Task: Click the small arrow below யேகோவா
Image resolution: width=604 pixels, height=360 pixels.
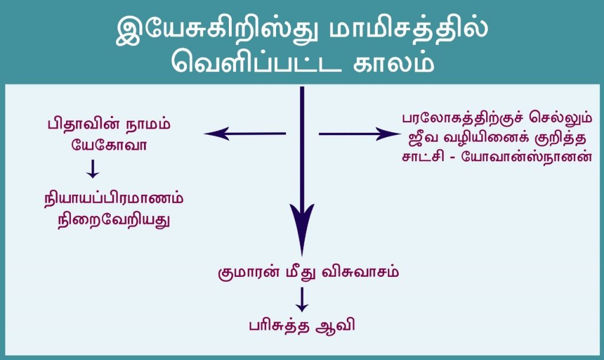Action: point(92,169)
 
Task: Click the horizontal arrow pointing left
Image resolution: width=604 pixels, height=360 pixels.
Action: point(245,134)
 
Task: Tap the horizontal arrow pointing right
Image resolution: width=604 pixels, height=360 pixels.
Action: point(359,134)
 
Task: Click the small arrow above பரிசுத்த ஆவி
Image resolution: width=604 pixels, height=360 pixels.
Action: point(301,300)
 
